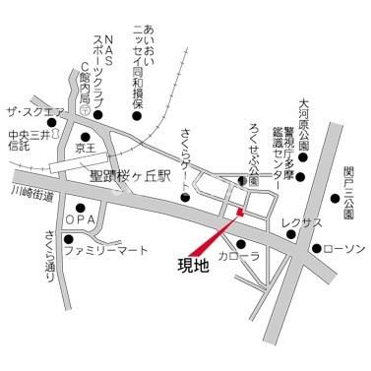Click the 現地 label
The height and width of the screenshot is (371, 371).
pos(193,266)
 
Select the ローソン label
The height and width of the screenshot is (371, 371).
pos(344,248)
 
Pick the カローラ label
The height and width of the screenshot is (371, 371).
pos(239,257)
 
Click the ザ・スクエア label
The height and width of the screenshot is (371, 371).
pos(33,112)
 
